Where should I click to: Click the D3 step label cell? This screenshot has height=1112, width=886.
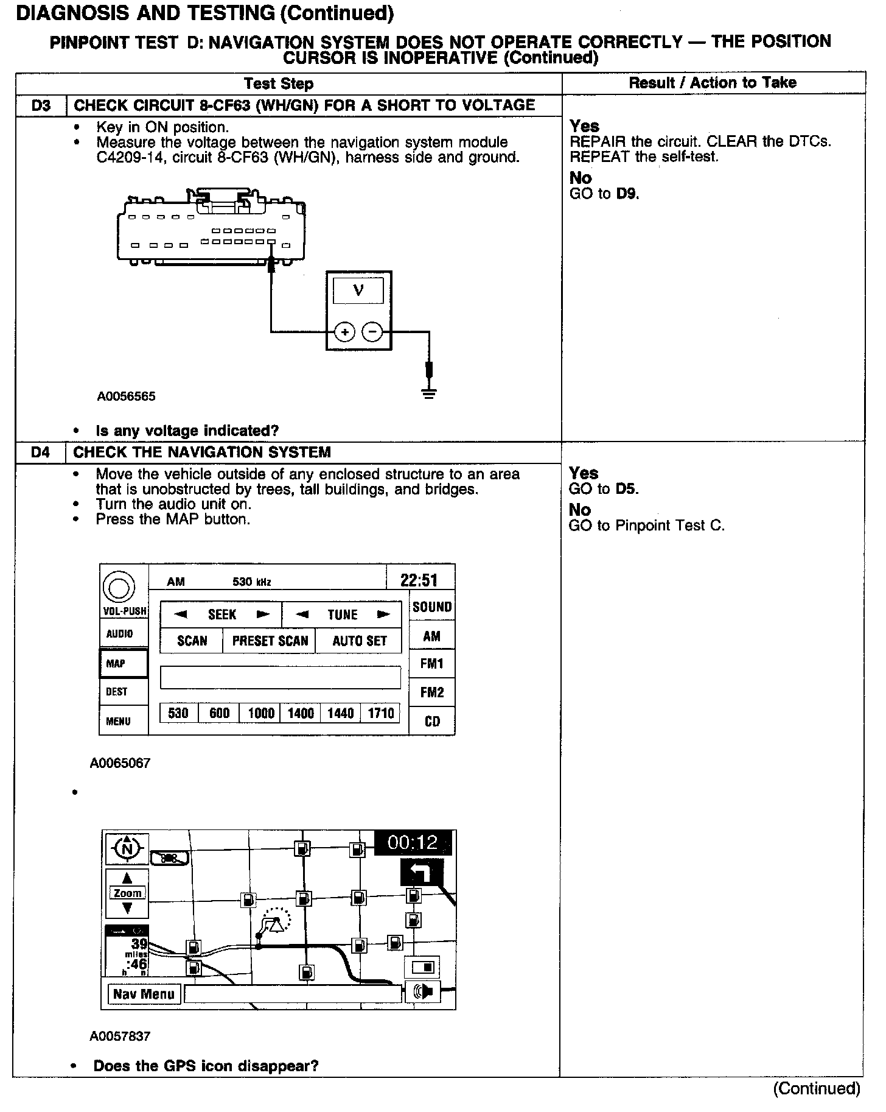pos(40,105)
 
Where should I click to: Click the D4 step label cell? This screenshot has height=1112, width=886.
pos(40,452)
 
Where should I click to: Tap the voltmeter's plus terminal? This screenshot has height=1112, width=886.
pos(345,332)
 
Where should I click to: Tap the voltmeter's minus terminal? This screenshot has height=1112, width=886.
pos(372,332)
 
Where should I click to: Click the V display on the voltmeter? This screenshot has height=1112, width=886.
pos(358,290)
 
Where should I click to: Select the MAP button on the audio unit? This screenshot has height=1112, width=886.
pos(123,663)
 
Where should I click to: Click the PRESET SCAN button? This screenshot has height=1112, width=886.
pos(270,641)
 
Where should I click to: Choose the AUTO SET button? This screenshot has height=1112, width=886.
pos(359,641)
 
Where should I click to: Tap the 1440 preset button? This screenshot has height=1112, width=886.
pos(340,713)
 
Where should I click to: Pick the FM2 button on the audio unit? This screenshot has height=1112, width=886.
pos(432,692)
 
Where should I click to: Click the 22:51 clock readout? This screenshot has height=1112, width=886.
pos(419,580)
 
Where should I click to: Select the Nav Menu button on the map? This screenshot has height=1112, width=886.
pos(144,994)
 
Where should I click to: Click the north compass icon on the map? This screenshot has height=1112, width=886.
pos(127,847)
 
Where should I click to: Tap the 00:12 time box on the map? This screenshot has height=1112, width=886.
pos(413,843)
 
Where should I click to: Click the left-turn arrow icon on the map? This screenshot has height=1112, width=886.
pos(422,874)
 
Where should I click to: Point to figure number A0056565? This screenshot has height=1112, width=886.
pos(126,396)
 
